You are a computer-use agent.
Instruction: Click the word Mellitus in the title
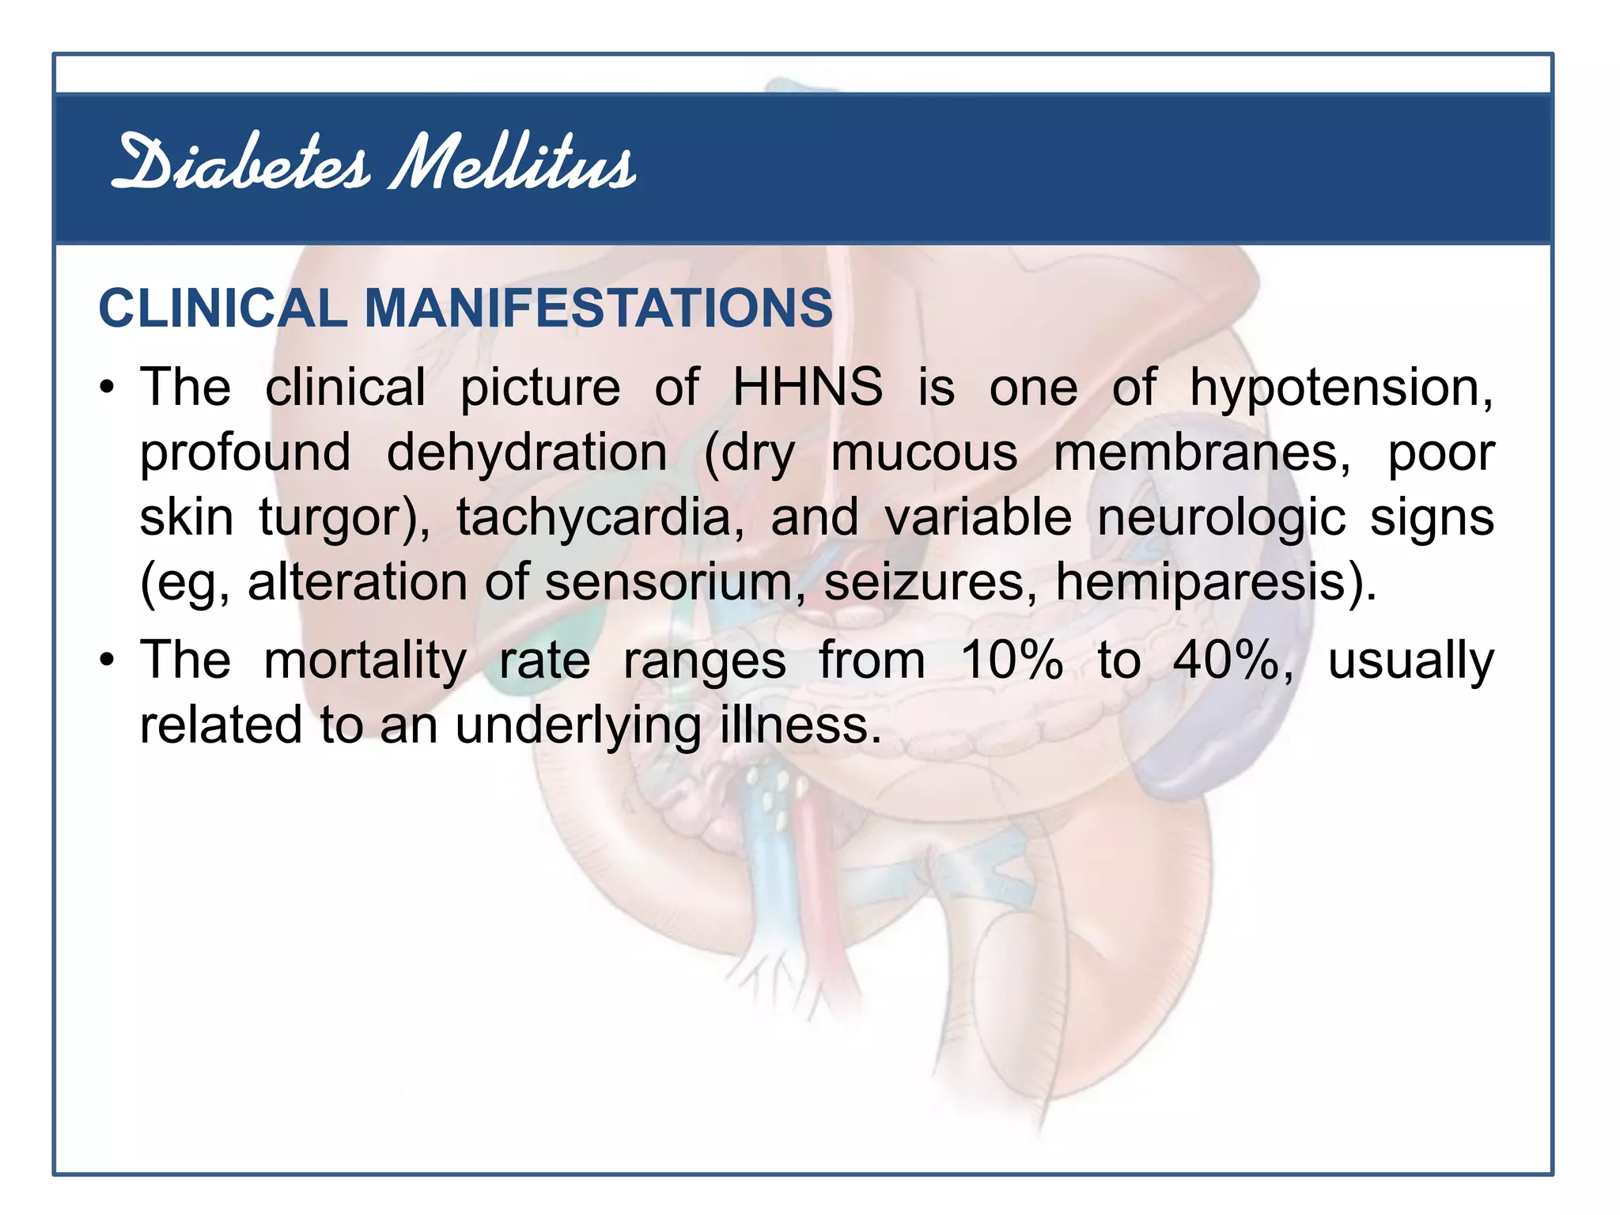(x=513, y=165)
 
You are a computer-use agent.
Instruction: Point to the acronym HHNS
(x=807, y=388)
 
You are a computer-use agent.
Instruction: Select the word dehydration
(x=527, y=453)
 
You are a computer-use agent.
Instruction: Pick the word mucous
(x=924, y=454)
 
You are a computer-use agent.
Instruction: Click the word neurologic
(x=1221, y=519)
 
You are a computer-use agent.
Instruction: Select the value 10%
(x=1011, y=660)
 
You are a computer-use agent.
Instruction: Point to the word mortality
(x=365, y=661)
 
